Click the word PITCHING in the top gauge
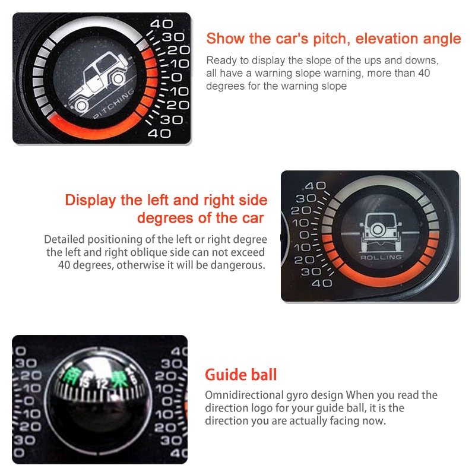[x=114, y=103]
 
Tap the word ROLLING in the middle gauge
[x=381, y=258]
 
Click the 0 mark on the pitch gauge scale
[x=177, y=78]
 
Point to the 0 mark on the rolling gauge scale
[x=305, y=235]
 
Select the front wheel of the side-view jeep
[x=118, y=78]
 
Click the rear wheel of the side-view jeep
[x=81, y=105]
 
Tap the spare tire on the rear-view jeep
[x=378, y=229]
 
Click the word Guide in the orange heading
[x=225, y=375]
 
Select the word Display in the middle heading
[x=91, y=200]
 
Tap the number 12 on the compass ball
[x=102, y=384]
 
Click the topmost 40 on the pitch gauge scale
[x=161, y=24]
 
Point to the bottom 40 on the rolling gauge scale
[x=322, y=283]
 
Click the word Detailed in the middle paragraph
[x=65, y=239]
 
